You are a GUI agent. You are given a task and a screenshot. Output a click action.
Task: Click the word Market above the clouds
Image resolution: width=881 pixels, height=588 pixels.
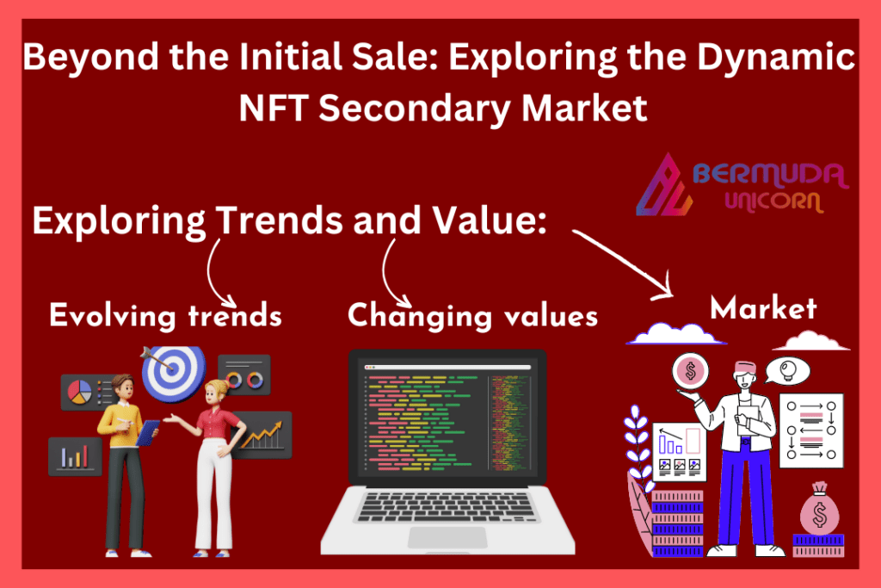point(763,308)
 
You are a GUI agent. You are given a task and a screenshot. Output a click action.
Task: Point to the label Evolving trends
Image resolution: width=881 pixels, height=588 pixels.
point(165,315)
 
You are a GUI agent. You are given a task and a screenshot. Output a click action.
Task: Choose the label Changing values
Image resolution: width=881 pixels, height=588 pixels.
point(472,316)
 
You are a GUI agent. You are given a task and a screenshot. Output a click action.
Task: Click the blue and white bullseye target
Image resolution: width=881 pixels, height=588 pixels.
point(173,372)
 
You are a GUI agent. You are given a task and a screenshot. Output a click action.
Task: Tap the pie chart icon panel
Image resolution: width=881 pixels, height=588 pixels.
point(87,392)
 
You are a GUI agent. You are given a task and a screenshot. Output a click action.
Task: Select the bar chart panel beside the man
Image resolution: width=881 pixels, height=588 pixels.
point(75,456)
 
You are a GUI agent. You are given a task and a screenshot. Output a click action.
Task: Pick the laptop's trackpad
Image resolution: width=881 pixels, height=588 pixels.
point(447,537)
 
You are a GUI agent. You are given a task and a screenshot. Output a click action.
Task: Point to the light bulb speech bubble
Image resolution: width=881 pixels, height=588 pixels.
point(786,371)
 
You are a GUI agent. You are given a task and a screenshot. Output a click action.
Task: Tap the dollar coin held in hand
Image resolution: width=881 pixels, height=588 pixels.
point(691,372)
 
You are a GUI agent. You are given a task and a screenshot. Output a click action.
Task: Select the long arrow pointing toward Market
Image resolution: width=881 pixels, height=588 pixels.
point(623,263)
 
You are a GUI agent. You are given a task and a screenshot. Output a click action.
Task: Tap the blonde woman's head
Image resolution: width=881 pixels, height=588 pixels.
point(216,393)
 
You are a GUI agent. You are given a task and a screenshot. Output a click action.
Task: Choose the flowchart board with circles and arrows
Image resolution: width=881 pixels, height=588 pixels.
point(811,430)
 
